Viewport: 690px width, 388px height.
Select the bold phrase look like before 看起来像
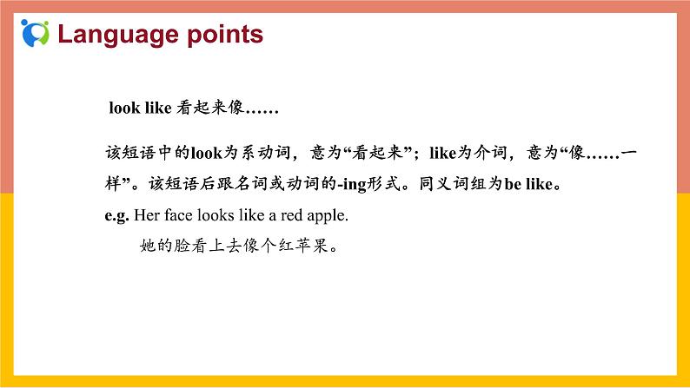click(129, 109)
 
